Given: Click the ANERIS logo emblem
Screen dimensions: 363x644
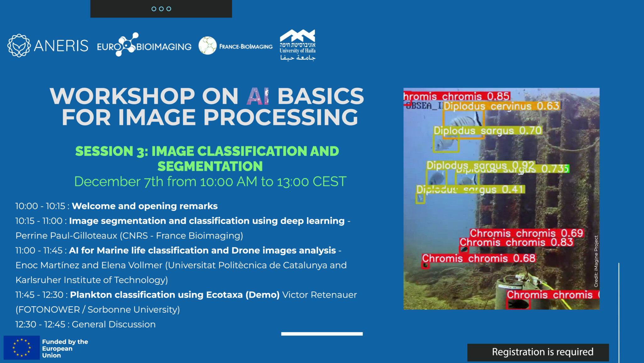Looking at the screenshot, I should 19,46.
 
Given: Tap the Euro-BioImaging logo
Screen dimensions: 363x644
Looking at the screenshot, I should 144,46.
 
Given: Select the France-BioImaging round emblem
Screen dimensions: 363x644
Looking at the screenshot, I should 208,46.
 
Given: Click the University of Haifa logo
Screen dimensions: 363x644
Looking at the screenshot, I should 297,45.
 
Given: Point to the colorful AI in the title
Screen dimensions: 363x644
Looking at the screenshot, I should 258,96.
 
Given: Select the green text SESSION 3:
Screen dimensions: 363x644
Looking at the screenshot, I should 111,152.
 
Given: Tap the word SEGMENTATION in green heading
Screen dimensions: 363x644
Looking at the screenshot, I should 210,166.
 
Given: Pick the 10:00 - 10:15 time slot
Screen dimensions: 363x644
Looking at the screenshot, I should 40,206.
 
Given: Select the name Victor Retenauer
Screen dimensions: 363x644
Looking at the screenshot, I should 319,295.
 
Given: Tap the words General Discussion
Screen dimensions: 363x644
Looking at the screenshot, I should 114,325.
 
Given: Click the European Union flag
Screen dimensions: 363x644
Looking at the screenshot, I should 21,348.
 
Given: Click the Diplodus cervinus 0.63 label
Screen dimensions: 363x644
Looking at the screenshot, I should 501,106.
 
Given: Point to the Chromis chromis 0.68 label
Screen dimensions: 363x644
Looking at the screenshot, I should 478,258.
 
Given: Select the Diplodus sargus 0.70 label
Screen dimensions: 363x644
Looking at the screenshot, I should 487,130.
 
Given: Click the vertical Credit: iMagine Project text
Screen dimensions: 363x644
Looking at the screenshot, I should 596,262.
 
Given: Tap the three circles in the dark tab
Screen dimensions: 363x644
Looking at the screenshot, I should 161,9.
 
